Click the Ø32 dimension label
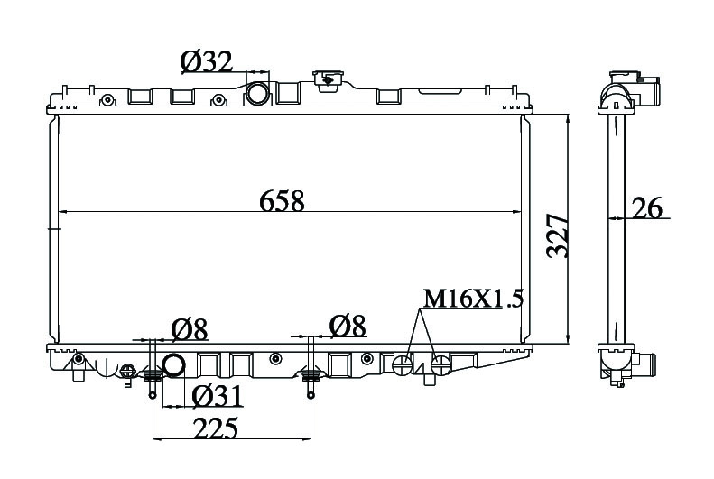tap(207, 62)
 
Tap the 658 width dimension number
tap(282, 201)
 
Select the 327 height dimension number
tap(558, 235)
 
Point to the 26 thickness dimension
tap(646, 208)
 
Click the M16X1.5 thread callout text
tap(473, 299)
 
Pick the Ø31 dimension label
tap(217, 396)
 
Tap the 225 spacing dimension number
tap(216, 428)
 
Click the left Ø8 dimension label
tap(190, 329)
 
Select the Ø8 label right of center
tap(348, 327)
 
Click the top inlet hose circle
tap(258, 93)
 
